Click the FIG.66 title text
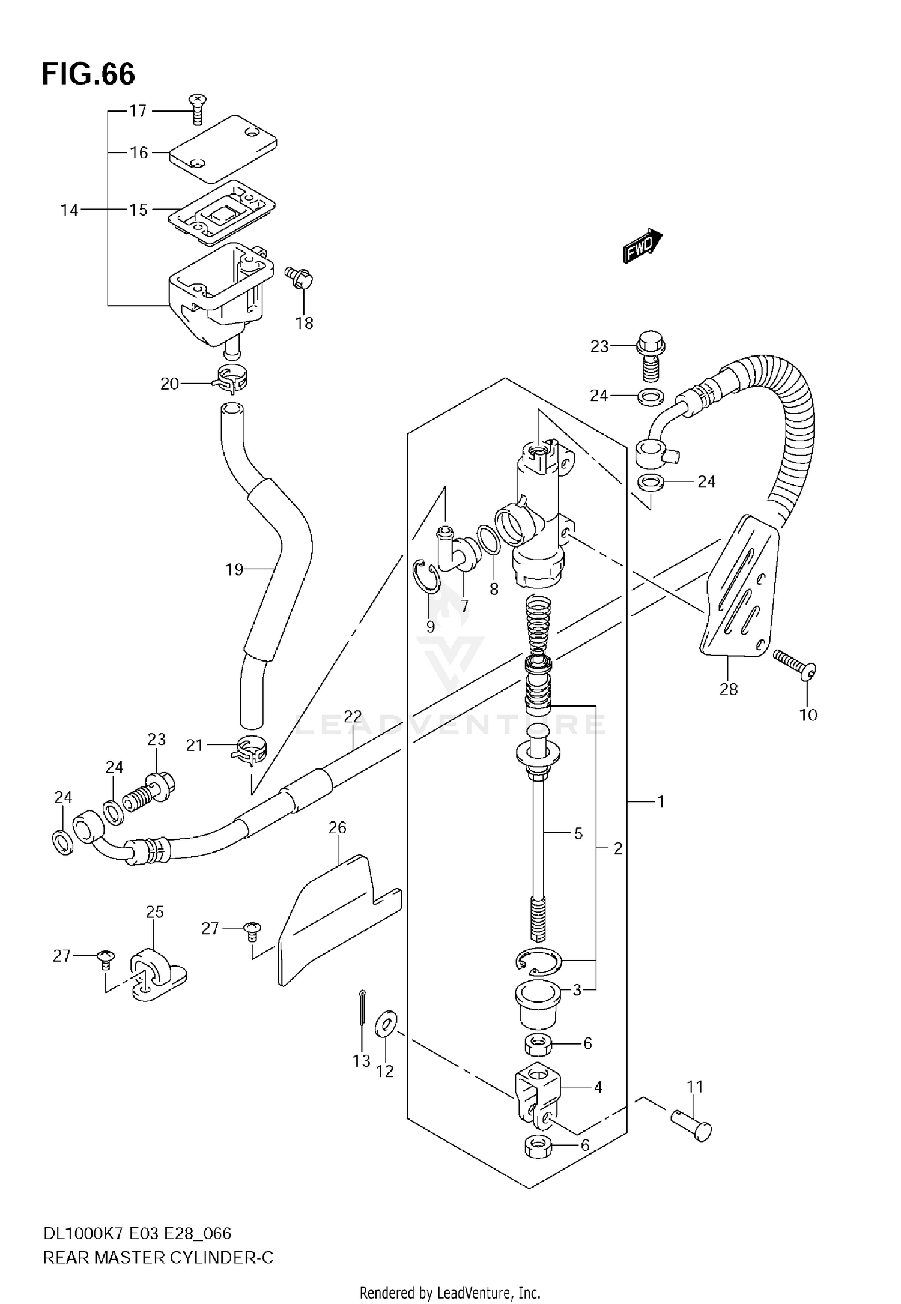pyautogui.click(x=88, y=75)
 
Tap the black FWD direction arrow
pyautogui.click(x=642, y=246)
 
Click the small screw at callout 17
pyautogui.click(x=197, y=108)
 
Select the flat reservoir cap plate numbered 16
pyautogui.click(x=222, y=149)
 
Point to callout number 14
pyautogui.click(x=69, y=210)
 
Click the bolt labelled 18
pyautogui.click(x=300, y=277)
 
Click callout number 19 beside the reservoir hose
pyautogui.click(x=234, y=569)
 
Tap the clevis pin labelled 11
pyautogui.click(x=691, y=1126)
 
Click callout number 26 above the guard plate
pyautogui.click(x=338, y=828)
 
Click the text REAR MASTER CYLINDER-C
pyautogui.click(x=158, y=1258)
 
